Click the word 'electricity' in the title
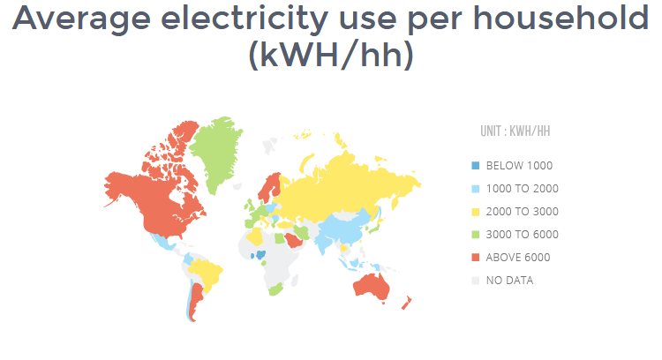pos(244,19)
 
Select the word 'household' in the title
pos(561,18)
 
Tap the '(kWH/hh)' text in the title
pos(331,55)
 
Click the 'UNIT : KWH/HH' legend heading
pos(515,131)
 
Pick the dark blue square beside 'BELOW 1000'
pos(476,165)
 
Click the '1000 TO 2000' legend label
pos(523,189)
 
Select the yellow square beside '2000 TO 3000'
pos(476,212)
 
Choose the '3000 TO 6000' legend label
pos(523,234)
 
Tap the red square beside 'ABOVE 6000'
pos(476,258)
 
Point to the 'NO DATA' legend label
pos(509,281)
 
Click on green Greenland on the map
pos(216,152)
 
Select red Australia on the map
pos(372,287)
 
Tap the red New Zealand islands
pos(406,303)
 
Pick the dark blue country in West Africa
pos(261,254)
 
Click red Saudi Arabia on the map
pos(292,241)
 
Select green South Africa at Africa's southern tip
pos(275,290)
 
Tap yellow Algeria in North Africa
pos(254,236)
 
